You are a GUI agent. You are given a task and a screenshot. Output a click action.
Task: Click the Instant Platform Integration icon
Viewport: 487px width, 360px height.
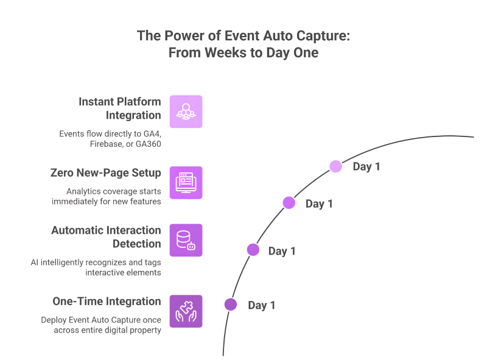(186, 111)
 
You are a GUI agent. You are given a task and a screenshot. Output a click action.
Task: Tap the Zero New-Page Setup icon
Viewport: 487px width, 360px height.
(186, 183)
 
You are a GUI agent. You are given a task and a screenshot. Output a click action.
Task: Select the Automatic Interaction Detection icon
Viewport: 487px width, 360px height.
(186, 240)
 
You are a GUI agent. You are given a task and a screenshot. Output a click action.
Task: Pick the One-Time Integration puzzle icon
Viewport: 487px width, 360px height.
(186, 311)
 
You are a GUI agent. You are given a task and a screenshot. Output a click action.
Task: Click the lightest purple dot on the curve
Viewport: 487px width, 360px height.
(335, 166)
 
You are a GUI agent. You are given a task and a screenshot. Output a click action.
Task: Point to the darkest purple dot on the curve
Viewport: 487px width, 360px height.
(230, 305)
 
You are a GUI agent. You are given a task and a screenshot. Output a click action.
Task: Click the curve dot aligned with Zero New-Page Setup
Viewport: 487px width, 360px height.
(289, 203)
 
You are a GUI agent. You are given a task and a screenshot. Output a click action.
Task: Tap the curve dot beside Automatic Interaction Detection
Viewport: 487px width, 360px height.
(253, 250)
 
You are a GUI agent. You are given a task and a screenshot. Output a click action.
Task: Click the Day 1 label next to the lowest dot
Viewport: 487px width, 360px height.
(262, 305)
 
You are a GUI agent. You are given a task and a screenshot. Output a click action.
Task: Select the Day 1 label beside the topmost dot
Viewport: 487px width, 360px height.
(366, 167)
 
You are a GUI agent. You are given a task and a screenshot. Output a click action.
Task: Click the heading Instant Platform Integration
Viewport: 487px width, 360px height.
(119, 108)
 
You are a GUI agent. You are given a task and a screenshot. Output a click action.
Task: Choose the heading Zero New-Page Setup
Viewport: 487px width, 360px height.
(105, 173)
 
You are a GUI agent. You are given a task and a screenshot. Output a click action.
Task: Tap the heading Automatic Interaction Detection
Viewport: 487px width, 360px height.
(106, 237)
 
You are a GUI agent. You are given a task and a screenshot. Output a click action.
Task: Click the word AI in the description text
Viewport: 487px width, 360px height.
(36, 263)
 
